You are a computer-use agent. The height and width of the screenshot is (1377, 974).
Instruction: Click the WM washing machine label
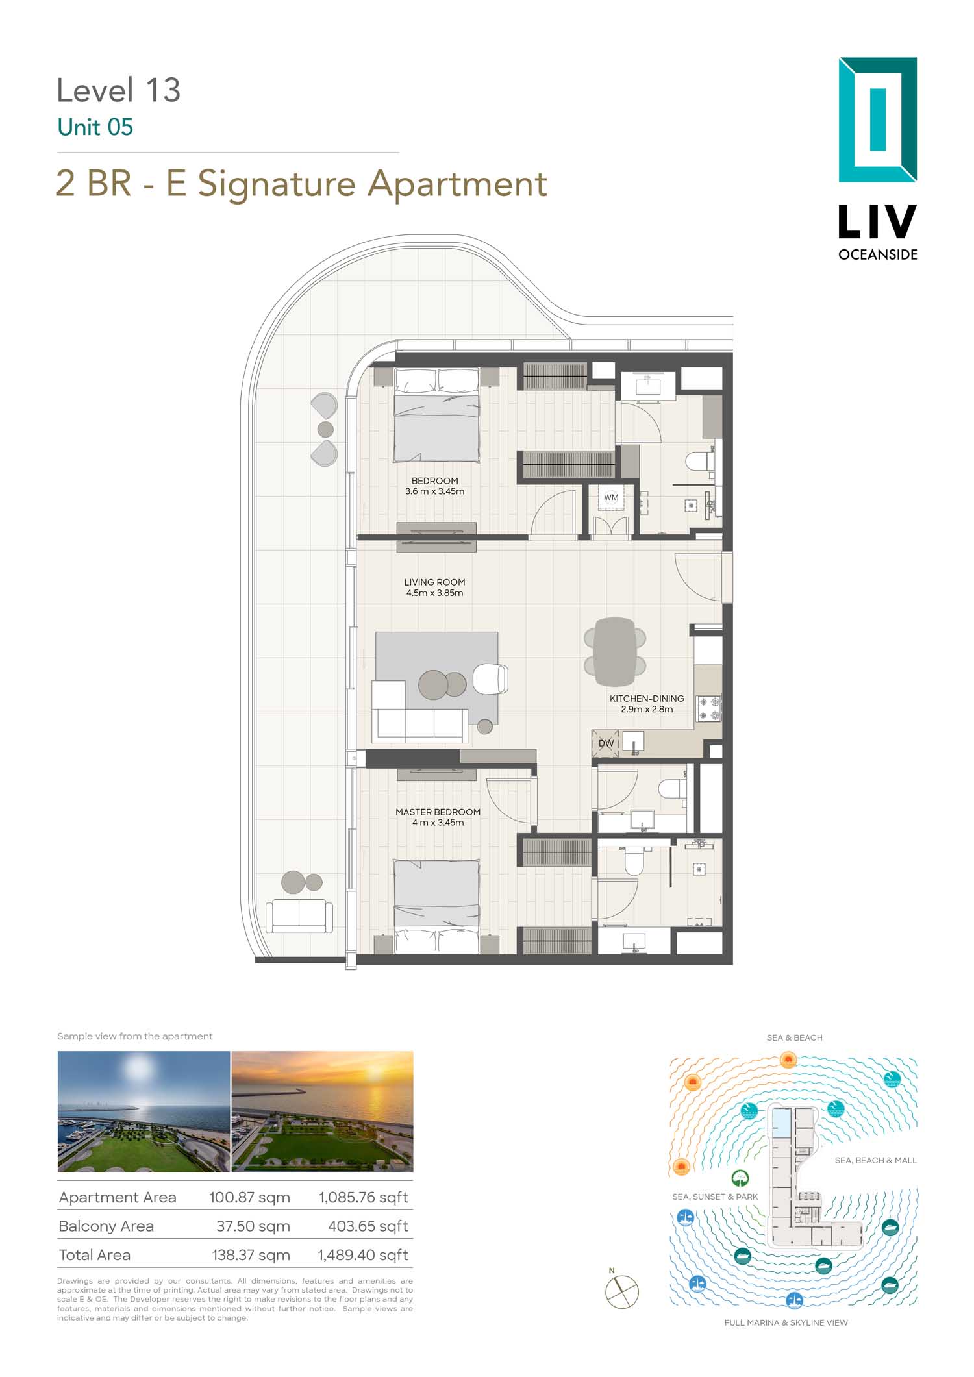pos(611,497)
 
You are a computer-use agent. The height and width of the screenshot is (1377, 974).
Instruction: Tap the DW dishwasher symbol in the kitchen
pos(606,743)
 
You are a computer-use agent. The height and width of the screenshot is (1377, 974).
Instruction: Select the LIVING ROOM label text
pos(434,582)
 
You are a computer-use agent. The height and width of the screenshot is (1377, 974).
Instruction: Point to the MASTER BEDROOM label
pos(438,812)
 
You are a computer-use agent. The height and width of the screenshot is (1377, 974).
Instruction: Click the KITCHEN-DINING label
pos(647,699)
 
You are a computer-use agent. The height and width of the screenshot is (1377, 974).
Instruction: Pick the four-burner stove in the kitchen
pos(709,708)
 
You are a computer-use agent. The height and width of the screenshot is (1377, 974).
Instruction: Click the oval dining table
pos(614,651)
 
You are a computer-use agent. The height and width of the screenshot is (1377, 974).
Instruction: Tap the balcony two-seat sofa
pos(299,915)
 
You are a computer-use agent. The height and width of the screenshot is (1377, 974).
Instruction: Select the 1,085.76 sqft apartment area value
pos(363,1197)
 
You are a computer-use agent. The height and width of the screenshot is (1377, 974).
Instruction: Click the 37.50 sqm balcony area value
pos(253,1226)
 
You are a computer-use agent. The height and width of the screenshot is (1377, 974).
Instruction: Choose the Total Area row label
pos(95,1255)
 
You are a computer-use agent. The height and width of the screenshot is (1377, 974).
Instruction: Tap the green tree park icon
pos(740,1178)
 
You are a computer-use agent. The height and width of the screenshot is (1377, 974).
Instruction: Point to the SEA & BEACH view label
pos(795,1037)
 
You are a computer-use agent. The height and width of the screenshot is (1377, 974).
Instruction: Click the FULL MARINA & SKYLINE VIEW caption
pos(786,1322)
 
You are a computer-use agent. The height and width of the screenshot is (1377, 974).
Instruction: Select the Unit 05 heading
pos(95,127)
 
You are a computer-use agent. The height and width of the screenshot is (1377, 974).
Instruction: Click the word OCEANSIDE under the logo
pos(878,254)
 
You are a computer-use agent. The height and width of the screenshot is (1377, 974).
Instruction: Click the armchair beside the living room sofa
pos(490,679)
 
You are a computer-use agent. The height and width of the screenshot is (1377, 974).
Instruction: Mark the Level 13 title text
pos(119,90)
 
